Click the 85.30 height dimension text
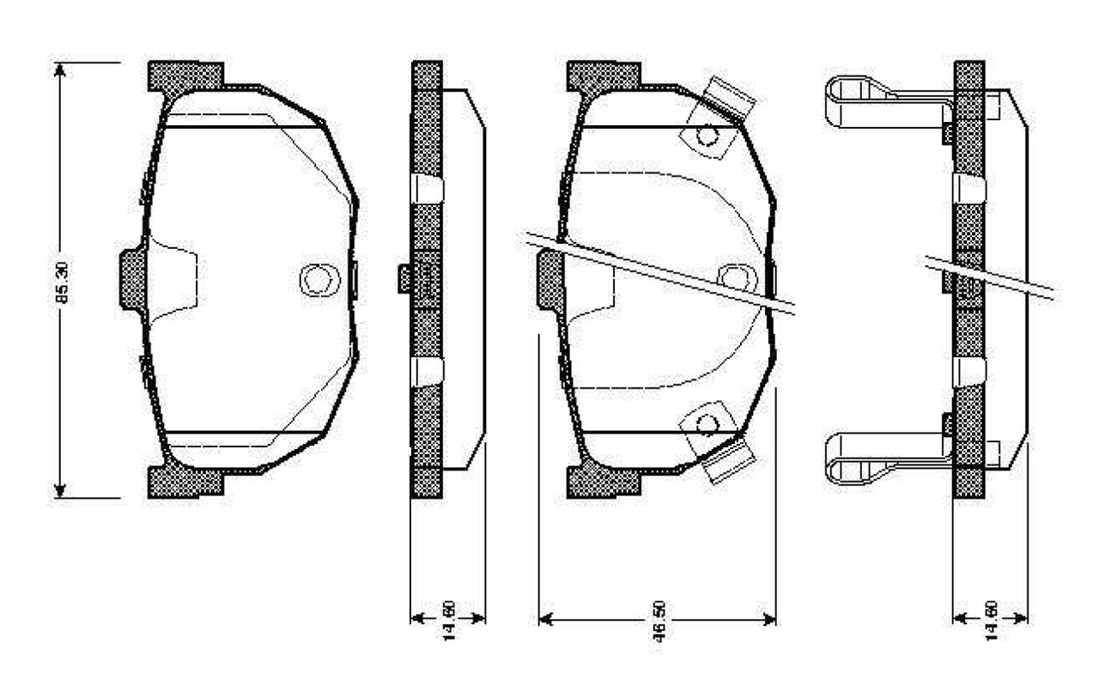coord(63,280)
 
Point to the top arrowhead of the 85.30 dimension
coord(59,70)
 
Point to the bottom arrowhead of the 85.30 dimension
coord(59,490)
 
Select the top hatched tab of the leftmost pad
coord(185,76)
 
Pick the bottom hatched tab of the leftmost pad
coord(185,482)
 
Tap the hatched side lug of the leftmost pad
coord(132,279)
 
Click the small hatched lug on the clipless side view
coord(404,278)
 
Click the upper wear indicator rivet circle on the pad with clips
coord(707,136)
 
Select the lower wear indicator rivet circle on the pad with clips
coord(707,423)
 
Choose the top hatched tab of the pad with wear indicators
coord(603,76)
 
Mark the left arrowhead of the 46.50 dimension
coord(545,619)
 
